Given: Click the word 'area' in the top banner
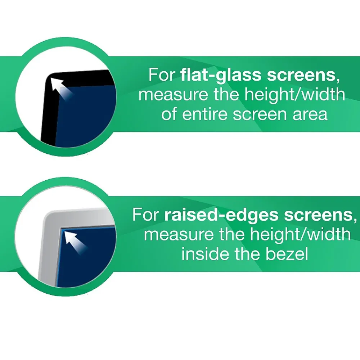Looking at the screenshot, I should pyautogui.click(x=310, y=114).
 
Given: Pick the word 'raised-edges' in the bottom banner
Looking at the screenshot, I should pyautogui.click(x=221, y=215).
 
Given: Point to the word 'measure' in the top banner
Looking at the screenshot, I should pyautogui.click(x=169, y=95).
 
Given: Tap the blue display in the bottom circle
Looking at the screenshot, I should pyautogui.click(x=90, y=259).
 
